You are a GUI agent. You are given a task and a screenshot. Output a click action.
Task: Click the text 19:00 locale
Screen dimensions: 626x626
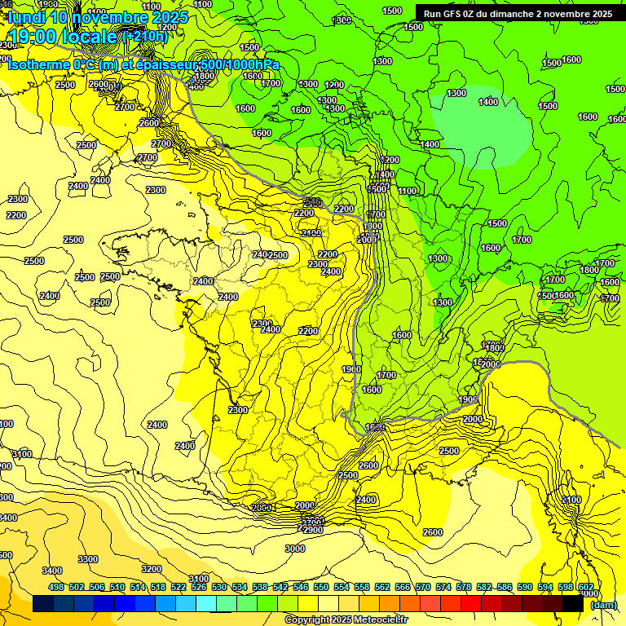[x=64, y=36]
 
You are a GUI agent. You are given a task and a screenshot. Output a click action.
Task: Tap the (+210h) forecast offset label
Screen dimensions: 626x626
[x=144, y=36]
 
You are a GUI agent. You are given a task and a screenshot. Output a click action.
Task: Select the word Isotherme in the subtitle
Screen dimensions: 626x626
[x=38, y=64]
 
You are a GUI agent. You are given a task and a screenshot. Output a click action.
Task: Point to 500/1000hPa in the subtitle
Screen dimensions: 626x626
[x=240, y=64]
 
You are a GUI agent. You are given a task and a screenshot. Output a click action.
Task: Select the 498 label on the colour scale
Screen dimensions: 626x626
[x=56, y=587]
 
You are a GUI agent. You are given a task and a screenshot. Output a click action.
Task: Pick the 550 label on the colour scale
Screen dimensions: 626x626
[x=321, y=587]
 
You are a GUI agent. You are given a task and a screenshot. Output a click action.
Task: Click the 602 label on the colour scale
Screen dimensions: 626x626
[x=585, y=587]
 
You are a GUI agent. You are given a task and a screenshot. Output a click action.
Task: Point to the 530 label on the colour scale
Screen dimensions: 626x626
[x=219, y=587]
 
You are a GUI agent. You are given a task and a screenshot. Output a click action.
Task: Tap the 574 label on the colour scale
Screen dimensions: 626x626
[x=443, y=587]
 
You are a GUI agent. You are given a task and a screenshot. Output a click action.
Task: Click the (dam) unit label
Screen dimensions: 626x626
[x=603, y=605]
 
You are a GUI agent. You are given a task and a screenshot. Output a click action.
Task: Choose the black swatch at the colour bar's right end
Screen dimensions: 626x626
[x=573, y=604]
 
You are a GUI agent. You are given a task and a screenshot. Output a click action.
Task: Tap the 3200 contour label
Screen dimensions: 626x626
[x=151, y=568]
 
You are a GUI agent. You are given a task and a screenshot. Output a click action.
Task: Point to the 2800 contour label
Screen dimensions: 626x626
[x=262, y=508]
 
